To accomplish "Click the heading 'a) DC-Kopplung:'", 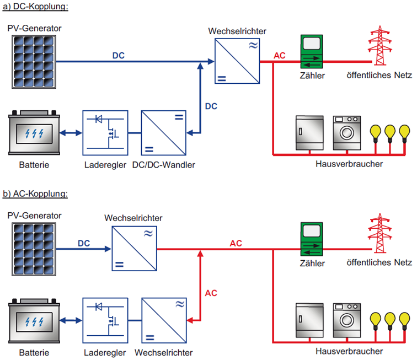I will [35, 7].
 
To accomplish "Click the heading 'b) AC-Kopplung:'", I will [35, 194].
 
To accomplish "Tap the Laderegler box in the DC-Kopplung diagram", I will [106, 134].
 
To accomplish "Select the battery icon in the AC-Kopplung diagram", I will [33, 321].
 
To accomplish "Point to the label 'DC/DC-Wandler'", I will [164, 165].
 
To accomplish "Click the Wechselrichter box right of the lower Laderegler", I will [165, 321].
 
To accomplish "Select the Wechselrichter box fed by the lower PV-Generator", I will [134, 248].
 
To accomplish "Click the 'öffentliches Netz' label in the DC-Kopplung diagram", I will [379, 75].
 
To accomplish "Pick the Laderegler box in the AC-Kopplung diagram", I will [106, 321].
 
